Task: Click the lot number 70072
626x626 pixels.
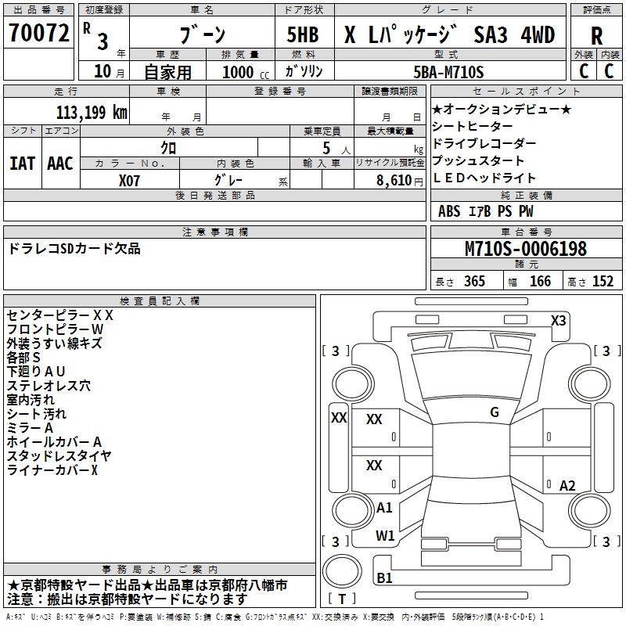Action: (x=38, y=34)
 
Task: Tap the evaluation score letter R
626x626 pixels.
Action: (x=596, y=35)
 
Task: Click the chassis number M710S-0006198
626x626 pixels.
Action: (x=526, y=249)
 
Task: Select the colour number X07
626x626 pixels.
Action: (x=131, y=179)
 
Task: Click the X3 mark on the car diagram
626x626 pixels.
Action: (x=558, y=320)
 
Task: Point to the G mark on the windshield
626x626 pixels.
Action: (x=494, y=412)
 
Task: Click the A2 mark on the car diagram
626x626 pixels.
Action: (x=567, y=485)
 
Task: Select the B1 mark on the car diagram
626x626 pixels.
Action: (x=384, y=578)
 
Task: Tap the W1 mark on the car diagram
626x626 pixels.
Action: (x=384, y=536)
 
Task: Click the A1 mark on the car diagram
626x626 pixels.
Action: (x=384, y=507)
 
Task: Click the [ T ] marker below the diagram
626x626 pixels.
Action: (x=343, y=599)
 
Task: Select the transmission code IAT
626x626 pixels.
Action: (x=22, y=163)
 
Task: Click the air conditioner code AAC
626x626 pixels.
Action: (x=60, y=163)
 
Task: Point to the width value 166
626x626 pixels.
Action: (x=540, y=281)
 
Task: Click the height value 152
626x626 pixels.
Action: (x=603, y=281)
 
